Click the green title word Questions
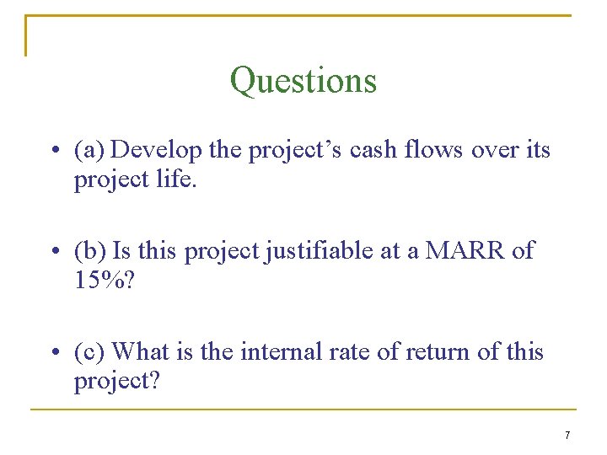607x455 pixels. tap(303, 81)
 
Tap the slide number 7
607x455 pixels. tap(567, 436)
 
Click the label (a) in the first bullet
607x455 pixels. tap(89, 151)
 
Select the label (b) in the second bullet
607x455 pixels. tap(90, 251)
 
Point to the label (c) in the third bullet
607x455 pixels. tap(89, 351)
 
